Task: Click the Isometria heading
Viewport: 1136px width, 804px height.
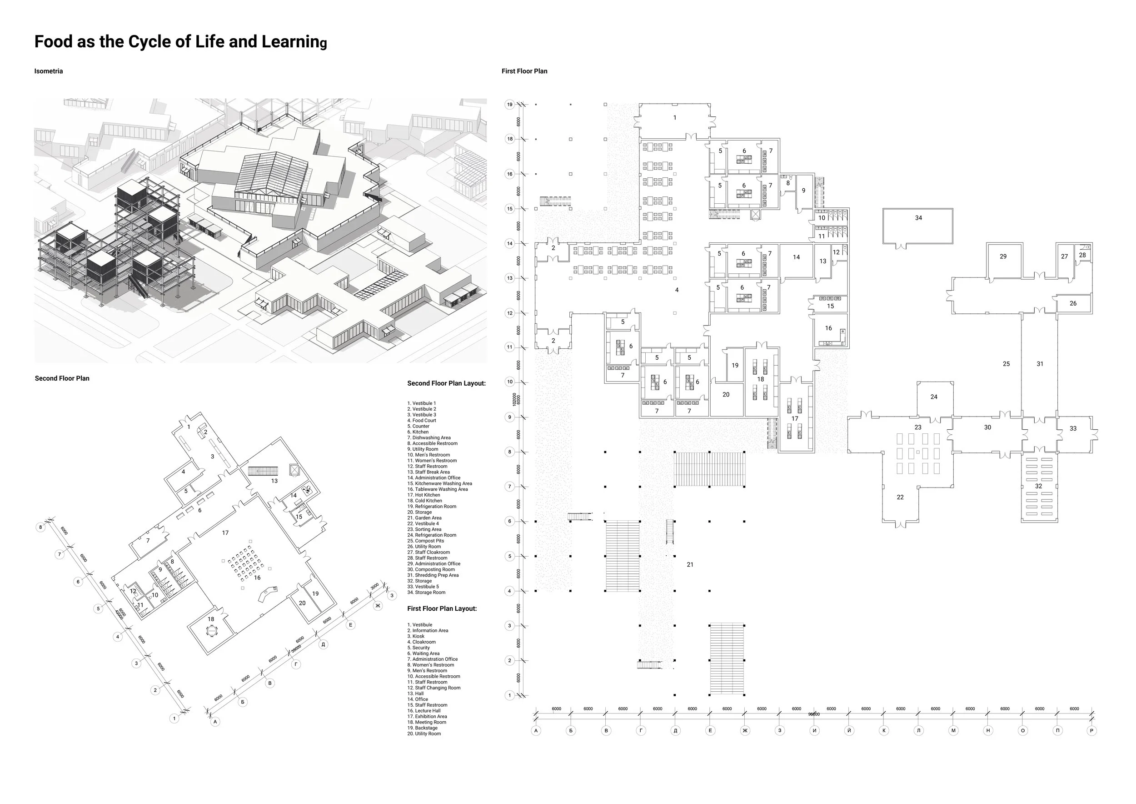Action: tap(49, 71)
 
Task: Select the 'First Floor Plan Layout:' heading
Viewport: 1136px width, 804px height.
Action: tap(442, 608)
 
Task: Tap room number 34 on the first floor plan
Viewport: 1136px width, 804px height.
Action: tap(918, 218)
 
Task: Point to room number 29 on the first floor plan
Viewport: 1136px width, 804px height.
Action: tap(1003, 256)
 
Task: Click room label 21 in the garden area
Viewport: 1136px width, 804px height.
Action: tap(690, 564)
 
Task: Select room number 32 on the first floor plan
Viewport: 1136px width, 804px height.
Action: tap(1038, 486)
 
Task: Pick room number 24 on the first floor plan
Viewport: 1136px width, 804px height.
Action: tap(934, 397)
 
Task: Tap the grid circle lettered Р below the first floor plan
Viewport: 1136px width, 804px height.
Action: tap(1092, 730)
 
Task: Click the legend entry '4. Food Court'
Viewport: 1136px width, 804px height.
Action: tap(422, 420)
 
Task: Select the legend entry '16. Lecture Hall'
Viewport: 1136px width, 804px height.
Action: tap(424, 710)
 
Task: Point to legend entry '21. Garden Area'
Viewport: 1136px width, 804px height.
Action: tap(424, 518)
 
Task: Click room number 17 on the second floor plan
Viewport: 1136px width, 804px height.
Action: tap(225, 533)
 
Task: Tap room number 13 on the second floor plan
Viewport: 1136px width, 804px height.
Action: tap(274, 481)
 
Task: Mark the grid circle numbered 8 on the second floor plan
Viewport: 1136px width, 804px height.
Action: tap(40, 527)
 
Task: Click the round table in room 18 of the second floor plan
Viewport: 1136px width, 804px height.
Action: tap(212, 632)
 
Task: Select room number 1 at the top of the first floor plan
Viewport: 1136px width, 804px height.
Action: tap(674, 118)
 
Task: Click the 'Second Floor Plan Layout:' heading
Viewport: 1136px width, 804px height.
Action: tap(446, 383)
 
